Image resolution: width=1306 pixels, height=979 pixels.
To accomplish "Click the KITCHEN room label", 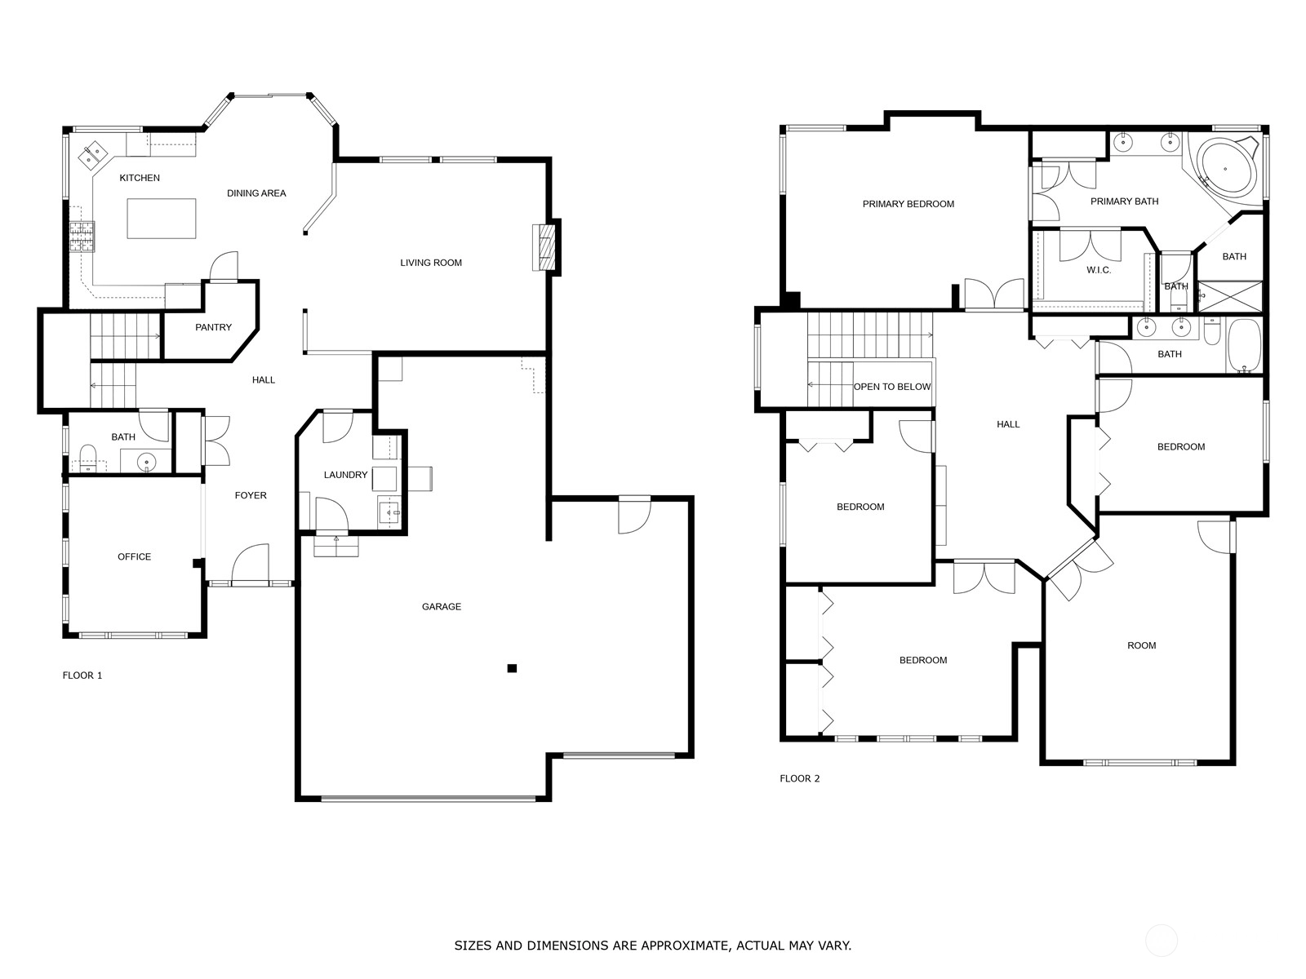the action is click(x=140, y=178).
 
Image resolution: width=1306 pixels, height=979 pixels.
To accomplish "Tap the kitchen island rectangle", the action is click(x=162, y=219).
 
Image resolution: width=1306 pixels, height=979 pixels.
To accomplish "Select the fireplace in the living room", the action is click(x=543, y=247).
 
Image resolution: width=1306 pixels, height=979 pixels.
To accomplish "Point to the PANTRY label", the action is click(x=213, y=327).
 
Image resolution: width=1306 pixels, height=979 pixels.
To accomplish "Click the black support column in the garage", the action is click(x=512, y=668).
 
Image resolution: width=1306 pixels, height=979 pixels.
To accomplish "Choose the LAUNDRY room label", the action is click(x=345, y=475).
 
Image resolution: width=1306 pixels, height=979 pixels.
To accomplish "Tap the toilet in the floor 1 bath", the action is click(x=88, y=457).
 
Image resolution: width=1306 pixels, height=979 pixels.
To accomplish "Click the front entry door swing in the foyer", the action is click(x=250, y=565).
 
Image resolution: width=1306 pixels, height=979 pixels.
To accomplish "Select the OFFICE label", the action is click(x=134, y=557).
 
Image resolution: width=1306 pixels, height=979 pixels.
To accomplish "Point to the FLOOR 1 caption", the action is click(x=82, y=676).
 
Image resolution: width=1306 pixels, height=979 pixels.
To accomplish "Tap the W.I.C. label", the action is click(x=1099, y=271).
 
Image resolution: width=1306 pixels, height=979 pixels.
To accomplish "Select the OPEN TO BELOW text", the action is click(x=892, y=387).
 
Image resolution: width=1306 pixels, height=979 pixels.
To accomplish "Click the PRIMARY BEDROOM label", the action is click(x=908, y=204).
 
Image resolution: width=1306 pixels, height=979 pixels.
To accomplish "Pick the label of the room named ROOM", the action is click(x=1141, y=645).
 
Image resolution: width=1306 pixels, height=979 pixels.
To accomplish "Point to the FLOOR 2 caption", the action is click(x=800, y=778).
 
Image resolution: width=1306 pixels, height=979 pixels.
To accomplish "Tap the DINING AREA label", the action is click(x=256, y=193).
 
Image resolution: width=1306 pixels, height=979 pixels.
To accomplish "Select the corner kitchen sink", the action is click(x=92, y=154).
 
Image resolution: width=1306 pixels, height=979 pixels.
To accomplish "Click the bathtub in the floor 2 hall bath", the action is click(x=1243, y=346).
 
